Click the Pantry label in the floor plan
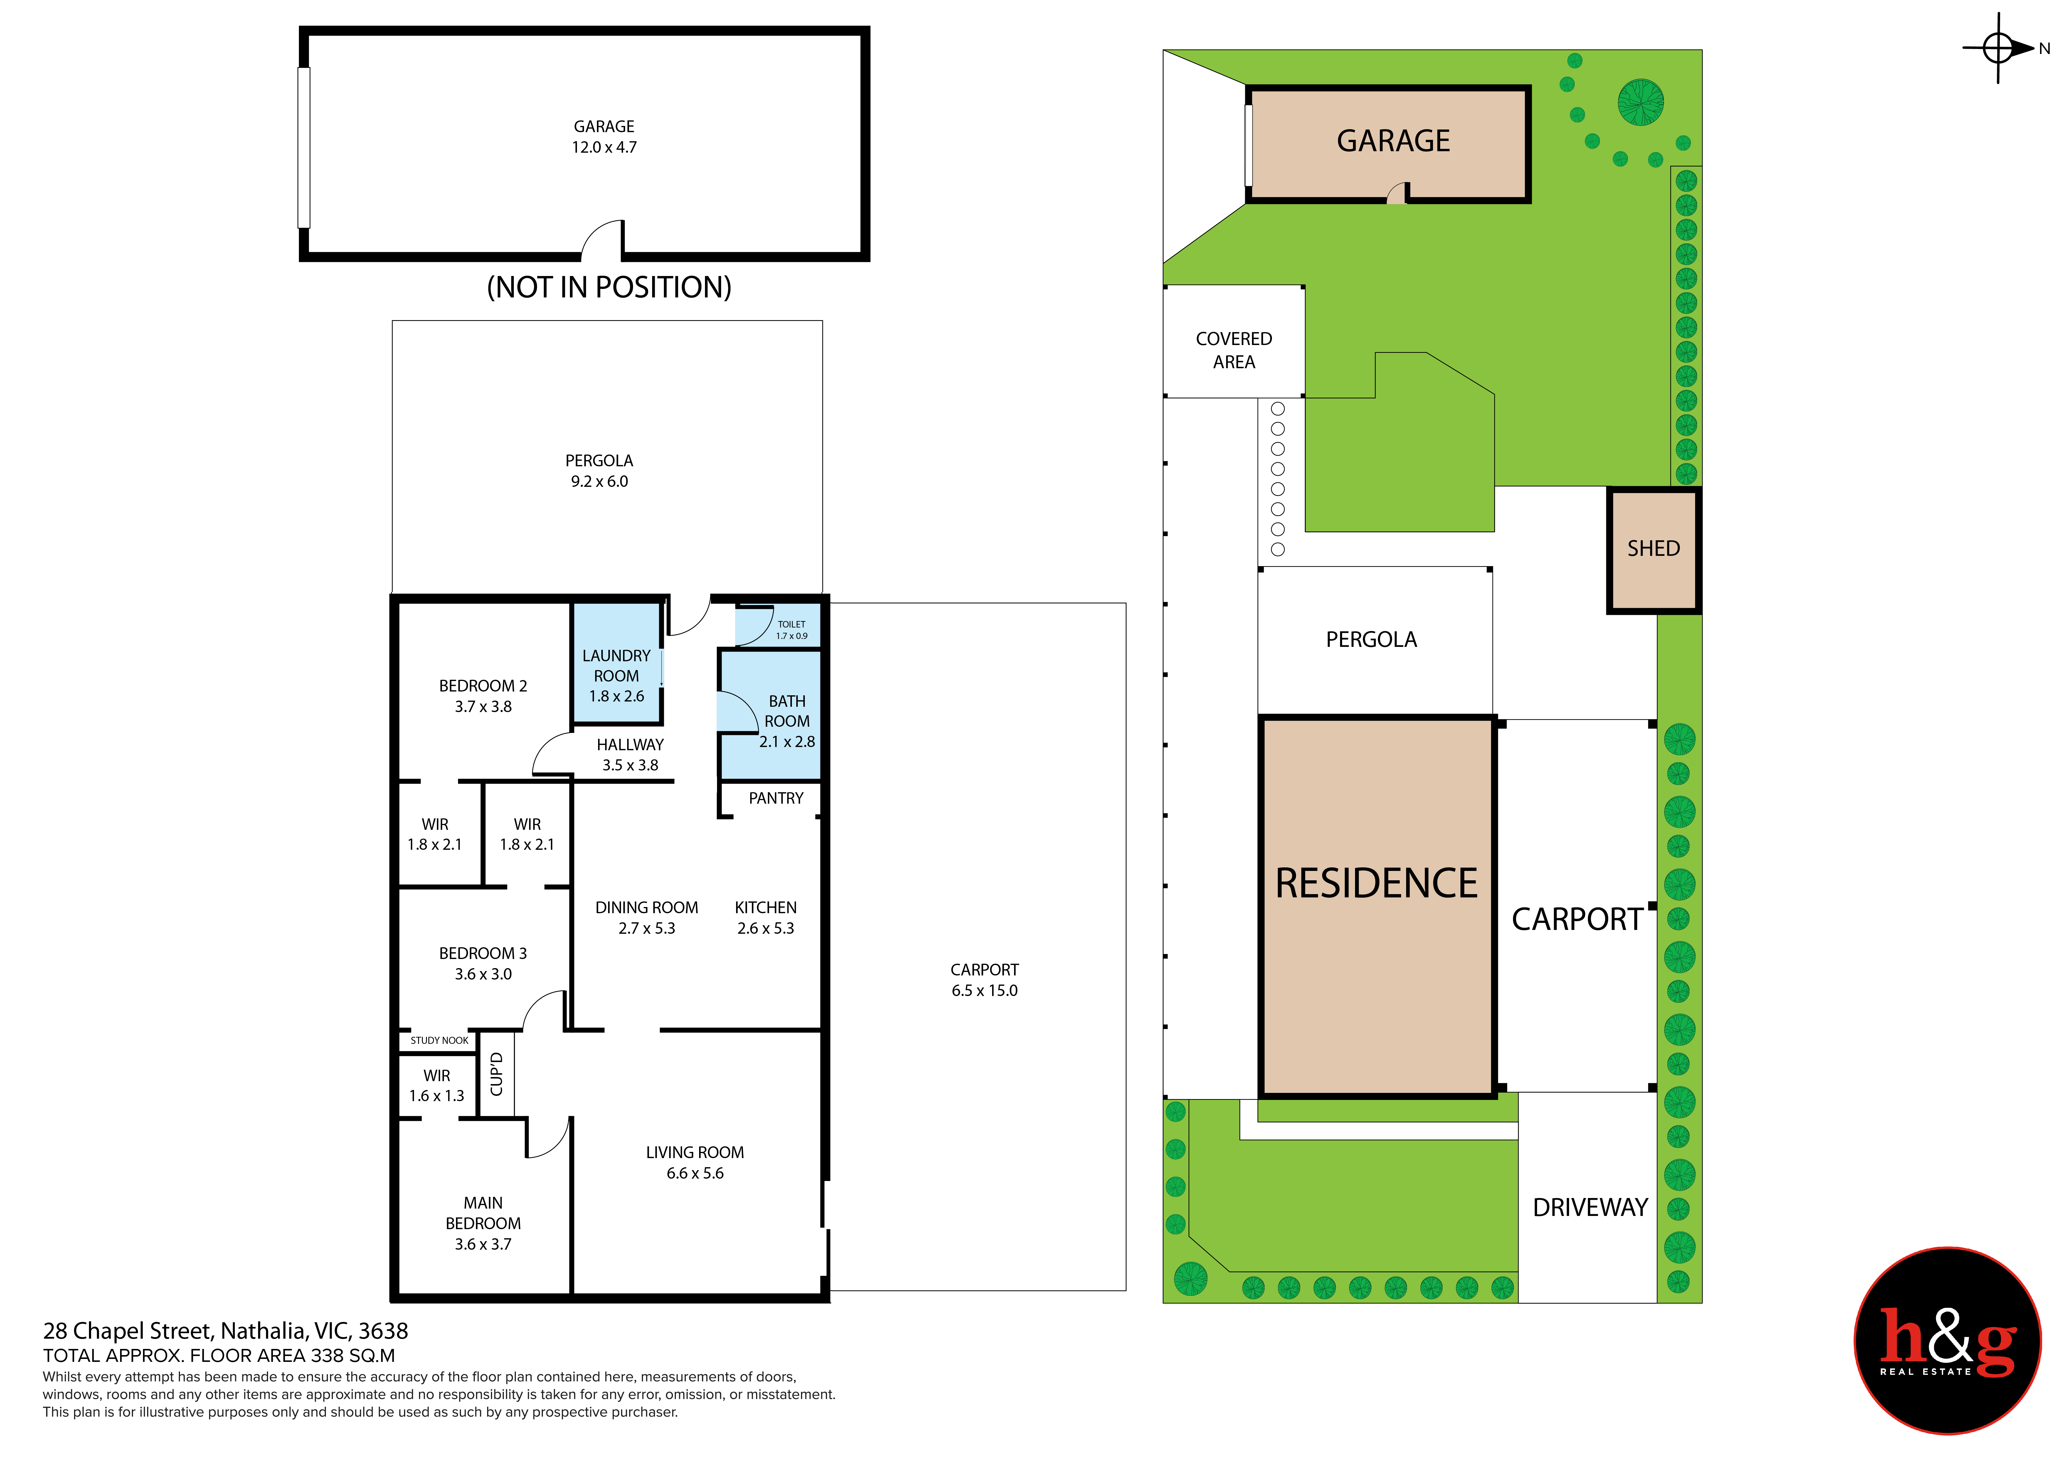click(x=776, y=798)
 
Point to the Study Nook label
click(x=440, y=1041)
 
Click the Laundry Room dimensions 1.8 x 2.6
click(x=616, y=696)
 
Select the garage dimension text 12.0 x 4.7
click(x=605, y=147)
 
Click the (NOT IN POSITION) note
click(x=609, y=287)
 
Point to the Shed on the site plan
click(x=1654, y=550)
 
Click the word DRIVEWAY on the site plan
click(x=1590, y=1208)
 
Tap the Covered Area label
click(x=1234, y=350)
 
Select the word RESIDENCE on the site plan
click(x=1376, y=884)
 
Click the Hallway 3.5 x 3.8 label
click(x=630, y=755)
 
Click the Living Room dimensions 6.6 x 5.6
click(x=694, y=1173)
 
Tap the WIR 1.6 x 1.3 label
click(x=437, y=1086)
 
